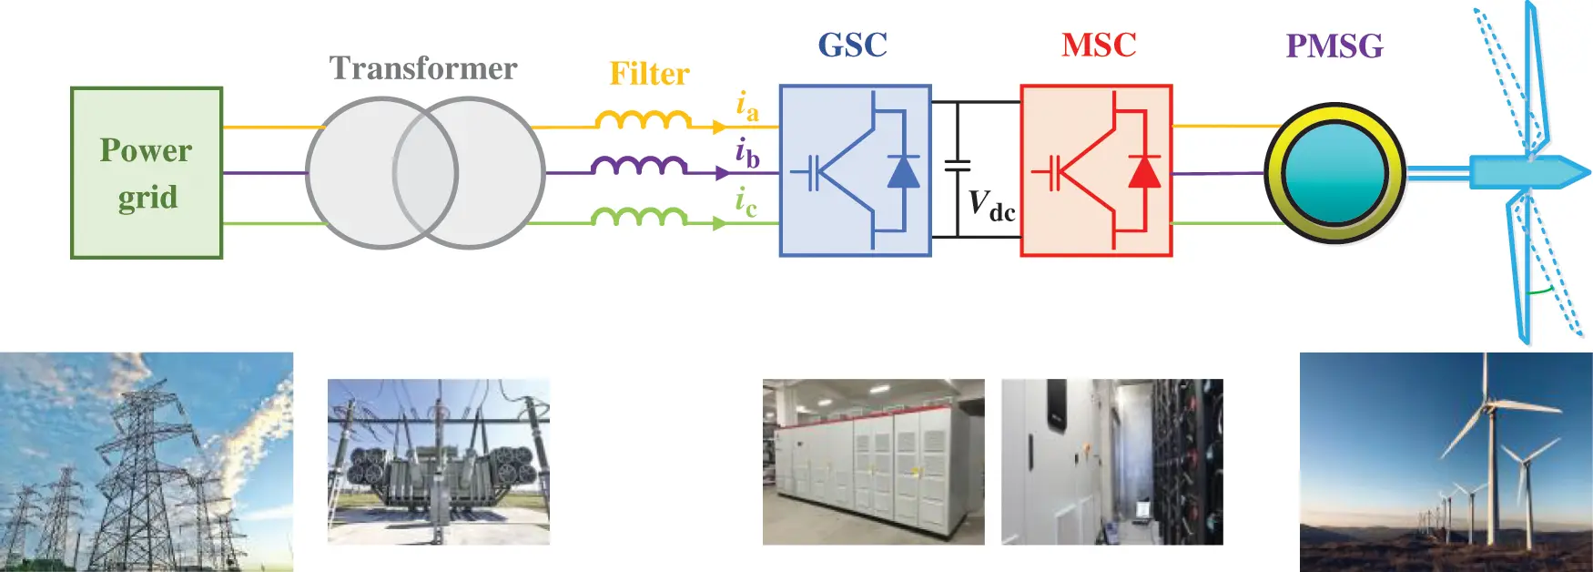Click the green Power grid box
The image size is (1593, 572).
147,173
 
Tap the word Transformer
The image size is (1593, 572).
423,68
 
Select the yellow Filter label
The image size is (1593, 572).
649,74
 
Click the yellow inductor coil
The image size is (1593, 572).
643,119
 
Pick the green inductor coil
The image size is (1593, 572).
639,216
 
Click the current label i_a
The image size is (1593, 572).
746,107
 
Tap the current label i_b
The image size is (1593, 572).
746,154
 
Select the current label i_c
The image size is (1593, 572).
746,202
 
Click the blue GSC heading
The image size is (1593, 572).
852,45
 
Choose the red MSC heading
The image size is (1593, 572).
1099,45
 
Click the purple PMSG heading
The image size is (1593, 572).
1334,46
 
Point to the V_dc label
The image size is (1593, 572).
990,205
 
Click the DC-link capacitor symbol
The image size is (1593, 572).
957,166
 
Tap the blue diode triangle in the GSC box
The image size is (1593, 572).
903,172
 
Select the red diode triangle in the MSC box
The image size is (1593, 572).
1144,172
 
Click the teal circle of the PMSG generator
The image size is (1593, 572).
1335,173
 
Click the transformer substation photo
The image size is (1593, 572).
439,462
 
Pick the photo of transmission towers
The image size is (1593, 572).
147,462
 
